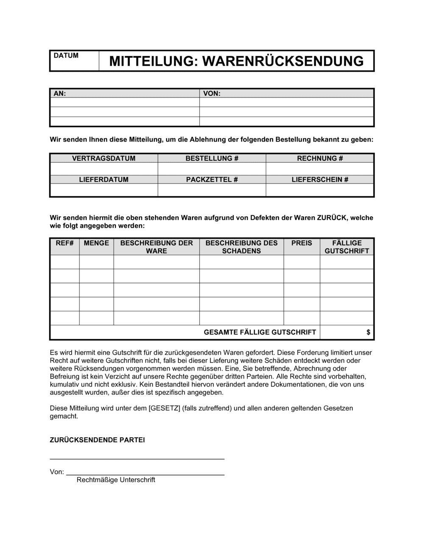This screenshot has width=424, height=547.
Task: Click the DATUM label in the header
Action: point(66,56)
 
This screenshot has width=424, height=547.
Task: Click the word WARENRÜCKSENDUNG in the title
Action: point(283,61)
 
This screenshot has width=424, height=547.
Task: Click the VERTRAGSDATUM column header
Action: point(104,158)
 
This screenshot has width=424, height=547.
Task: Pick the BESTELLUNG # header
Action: point(212,158)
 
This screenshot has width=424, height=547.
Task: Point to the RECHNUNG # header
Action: point(320,158)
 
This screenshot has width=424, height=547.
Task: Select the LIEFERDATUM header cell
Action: point(104,179)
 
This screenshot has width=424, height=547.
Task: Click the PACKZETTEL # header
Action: point(212,179)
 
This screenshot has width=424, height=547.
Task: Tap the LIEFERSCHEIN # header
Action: point(320,179)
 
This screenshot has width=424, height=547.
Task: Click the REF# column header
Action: point(65,243)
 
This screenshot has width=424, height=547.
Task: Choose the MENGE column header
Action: point(96,243)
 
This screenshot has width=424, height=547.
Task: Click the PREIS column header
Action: point(301,243)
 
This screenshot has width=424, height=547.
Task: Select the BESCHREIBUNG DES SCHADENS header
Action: point(241,247)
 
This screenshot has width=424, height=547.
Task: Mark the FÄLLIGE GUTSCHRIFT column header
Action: point(347,247)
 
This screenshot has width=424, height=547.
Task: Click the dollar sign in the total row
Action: point(368,332)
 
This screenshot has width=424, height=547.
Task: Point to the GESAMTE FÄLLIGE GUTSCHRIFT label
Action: point(260,332)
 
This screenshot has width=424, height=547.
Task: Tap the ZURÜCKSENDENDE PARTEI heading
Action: point(98,440)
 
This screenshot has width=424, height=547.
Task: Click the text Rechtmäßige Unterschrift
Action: point(116,480)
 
